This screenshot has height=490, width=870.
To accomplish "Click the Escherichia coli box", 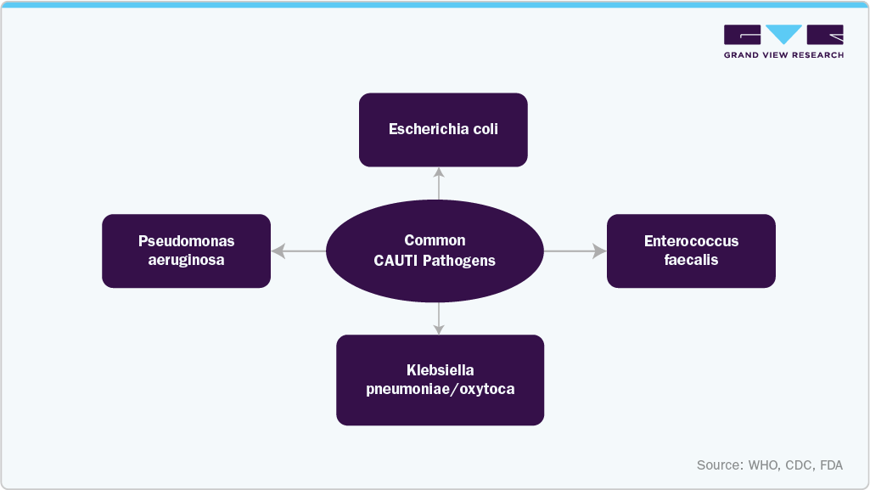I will (443, 129).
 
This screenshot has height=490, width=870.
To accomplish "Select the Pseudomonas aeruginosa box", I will (186, 251).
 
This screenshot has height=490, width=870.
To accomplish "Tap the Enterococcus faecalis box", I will (691, 251).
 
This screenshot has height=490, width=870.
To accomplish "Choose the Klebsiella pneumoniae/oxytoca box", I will (440, 380).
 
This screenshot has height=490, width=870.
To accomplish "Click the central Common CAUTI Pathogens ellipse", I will (435, 251).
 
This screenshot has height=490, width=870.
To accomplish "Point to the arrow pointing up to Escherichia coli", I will (439, 182).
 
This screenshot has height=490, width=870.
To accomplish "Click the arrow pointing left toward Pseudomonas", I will (298, 251).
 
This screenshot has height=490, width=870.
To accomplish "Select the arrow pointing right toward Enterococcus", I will (575, 251).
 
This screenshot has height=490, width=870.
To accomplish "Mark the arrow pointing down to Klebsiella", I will (439, 318).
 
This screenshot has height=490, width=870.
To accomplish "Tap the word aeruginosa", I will (186, 260).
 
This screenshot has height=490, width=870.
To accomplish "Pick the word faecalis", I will (691, 260).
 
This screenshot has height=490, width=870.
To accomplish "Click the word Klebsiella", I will (440, 370).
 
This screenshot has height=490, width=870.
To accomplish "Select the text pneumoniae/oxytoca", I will (440, 390).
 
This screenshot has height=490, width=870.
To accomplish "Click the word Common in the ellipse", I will (435, 240).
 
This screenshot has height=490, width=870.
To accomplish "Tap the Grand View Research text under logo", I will (783, 55).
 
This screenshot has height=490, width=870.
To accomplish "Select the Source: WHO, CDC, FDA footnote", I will (770, 465).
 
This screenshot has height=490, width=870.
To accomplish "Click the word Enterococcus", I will (691, 241).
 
